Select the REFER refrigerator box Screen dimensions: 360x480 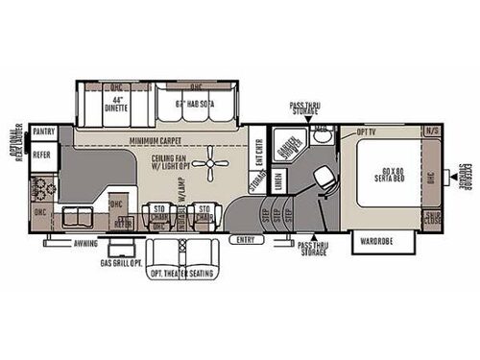(42, 153)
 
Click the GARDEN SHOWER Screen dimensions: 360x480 (287, 149)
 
